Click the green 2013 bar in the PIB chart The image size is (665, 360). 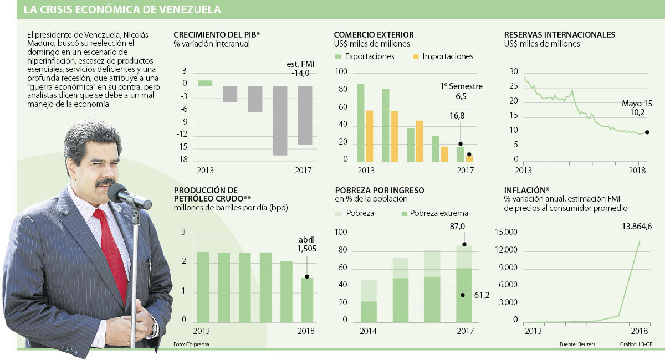(x=205, y=83)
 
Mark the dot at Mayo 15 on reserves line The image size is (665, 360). (x=647, y=132)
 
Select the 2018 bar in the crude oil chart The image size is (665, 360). (x=307, y=300)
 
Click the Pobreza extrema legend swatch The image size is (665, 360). (x=405, y=213)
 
